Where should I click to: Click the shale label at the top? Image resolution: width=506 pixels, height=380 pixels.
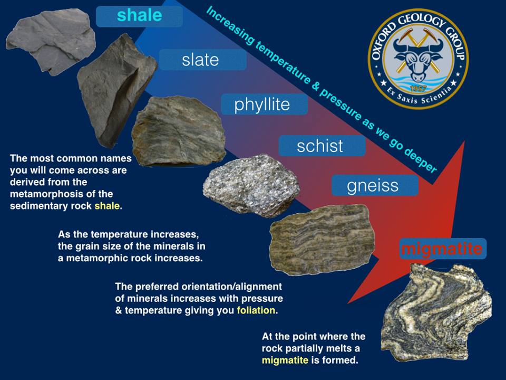139,15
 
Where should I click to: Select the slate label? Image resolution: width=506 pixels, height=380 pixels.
202,60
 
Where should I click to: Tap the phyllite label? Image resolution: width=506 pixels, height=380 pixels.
264,104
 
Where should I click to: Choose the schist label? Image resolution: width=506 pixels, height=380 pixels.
322,146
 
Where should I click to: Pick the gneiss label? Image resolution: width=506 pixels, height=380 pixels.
375,185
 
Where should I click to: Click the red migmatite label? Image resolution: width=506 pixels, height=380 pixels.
442,249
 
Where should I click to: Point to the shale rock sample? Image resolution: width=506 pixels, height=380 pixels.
51,41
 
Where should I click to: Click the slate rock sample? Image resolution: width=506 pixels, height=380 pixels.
116,90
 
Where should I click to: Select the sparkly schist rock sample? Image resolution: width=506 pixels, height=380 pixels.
251,185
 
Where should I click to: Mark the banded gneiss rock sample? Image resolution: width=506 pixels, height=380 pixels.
322,240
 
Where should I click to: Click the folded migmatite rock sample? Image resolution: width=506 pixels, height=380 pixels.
436,312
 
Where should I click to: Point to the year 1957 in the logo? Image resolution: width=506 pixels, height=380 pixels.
418,88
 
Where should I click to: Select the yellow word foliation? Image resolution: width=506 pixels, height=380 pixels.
256,310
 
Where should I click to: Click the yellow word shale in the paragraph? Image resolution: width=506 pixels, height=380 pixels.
107,206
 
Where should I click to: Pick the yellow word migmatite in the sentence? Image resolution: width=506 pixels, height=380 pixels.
285,360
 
